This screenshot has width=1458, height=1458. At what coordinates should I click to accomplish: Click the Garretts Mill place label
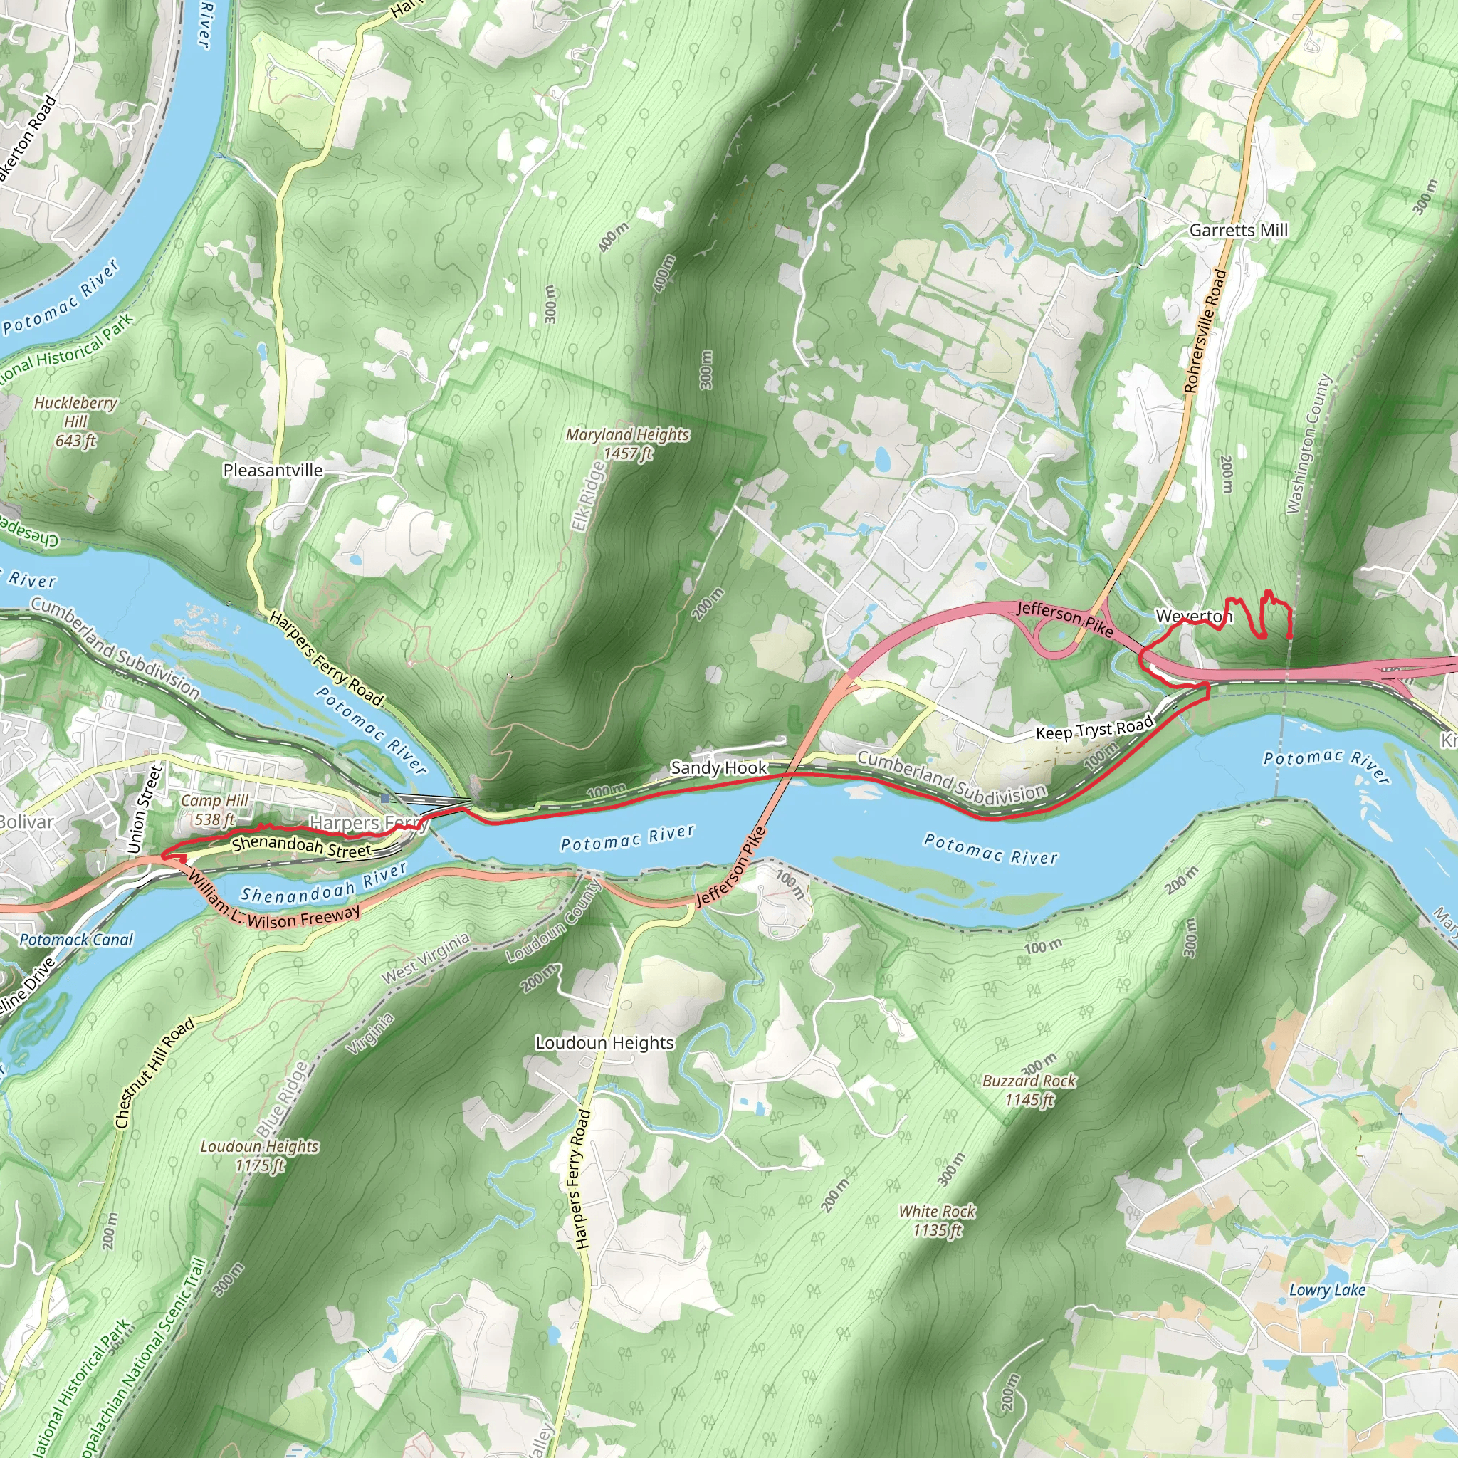(1239, 229)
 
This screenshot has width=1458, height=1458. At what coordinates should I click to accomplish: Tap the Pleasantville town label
(273, 470)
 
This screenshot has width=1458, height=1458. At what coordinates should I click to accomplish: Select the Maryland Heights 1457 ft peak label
(627, 444)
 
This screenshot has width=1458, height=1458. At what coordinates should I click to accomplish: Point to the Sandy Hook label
(718, 768)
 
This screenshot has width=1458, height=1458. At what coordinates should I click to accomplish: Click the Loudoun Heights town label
(604, 1043)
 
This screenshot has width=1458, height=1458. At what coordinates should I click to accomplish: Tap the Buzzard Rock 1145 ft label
(1029, 1090)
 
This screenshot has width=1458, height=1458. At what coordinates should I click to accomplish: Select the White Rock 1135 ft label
(938, 1220)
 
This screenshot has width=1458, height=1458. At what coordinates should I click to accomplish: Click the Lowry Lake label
(1327, 1290)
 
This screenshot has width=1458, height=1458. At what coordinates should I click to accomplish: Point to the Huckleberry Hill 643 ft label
(75, 421)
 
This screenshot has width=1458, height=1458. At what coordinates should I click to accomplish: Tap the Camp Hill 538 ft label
(214, 809)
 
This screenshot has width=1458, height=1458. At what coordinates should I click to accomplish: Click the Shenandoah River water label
(324, 883)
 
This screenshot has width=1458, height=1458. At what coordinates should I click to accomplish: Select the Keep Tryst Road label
(1094, 729)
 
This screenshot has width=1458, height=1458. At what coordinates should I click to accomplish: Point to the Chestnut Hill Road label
(154, 1072)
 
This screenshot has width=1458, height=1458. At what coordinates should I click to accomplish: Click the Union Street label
(146, 809)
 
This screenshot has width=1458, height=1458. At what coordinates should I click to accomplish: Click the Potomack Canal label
(76, 940)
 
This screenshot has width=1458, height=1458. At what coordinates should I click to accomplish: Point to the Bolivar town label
(26, 822)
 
